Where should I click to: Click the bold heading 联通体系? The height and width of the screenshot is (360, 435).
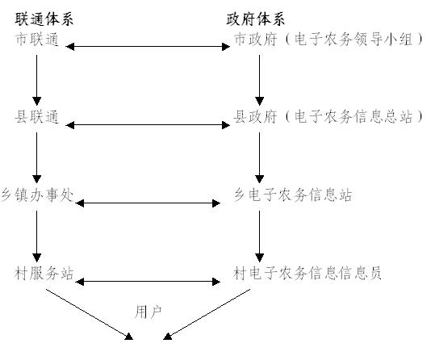tap(44, 19)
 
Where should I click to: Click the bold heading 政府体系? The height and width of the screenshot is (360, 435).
tap(256, 19)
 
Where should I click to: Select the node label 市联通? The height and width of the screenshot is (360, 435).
tap(37, 39)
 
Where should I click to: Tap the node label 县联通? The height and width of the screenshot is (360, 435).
tap(37, 116)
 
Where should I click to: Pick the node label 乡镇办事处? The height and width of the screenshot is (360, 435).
tap(37, 195)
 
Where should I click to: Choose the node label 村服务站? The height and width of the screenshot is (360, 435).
tap(44, 274)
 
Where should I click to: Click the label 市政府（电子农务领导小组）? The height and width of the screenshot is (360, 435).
tap(328, 39)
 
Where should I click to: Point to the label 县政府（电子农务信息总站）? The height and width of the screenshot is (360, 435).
tap(328, 116)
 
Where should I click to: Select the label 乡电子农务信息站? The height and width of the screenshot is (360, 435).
tap(293, 195)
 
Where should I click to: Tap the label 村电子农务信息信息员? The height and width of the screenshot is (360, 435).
tap(307, 274)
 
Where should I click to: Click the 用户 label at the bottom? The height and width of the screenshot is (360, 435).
tap(148, 312)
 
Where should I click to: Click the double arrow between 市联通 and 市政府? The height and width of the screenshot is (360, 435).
tap(148, 47)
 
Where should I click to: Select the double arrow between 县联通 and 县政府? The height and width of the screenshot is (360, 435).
tap(148, 125)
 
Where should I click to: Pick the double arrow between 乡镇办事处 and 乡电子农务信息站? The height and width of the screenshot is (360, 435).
tap(148, 203)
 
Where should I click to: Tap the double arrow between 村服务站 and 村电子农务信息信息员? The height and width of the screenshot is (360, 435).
tap(148, 282)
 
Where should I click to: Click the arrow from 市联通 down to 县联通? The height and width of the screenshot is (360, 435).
tap(36, 80)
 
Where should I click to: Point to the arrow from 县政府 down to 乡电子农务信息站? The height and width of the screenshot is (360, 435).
tap(259, 157)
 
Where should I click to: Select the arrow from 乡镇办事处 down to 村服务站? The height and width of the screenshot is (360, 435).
tap(36, 237)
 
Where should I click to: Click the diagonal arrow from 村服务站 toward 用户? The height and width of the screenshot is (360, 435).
tap(90, 314)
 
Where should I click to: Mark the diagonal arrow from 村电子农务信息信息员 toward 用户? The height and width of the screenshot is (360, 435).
tap(207, 314)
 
